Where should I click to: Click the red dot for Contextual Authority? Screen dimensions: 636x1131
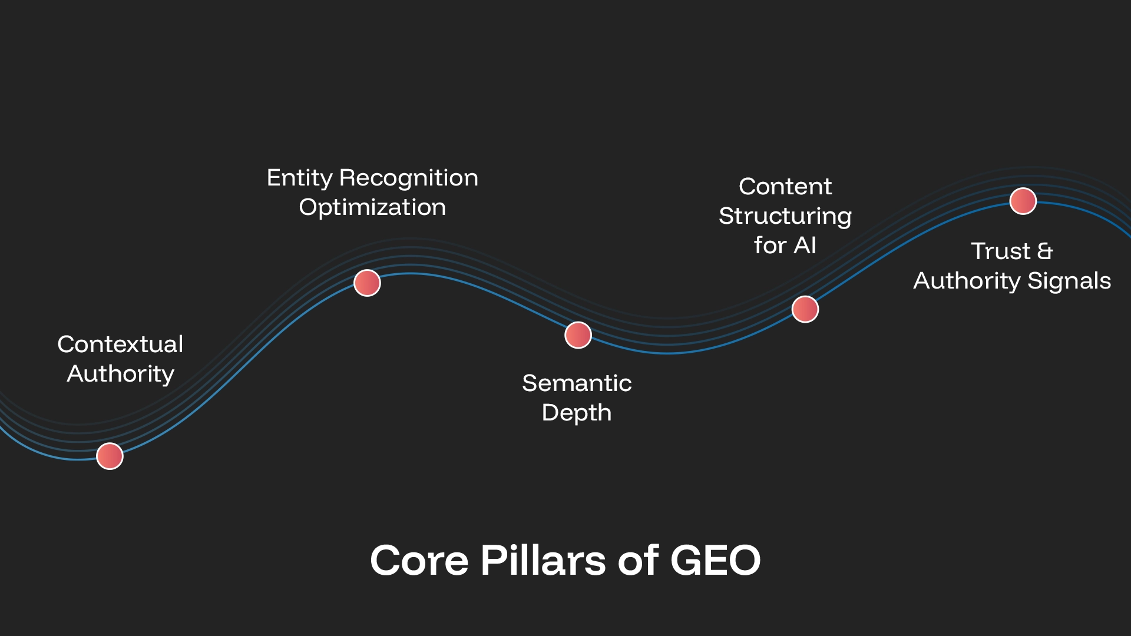coord(110,456)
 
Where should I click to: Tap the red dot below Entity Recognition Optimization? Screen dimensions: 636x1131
coord(367,283)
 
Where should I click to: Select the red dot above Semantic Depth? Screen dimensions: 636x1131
coord(578,335)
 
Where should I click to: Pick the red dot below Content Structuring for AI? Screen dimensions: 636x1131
coord(805,309)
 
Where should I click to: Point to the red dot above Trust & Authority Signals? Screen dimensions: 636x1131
coord(1023,201)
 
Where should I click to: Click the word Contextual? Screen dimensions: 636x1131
coord(120,344)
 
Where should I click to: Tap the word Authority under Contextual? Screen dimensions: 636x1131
coord(120,374)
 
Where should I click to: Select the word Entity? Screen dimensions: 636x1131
coord(299,178)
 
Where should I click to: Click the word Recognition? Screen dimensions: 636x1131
coord(409,178)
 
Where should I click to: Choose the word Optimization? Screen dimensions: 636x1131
coord(372,207)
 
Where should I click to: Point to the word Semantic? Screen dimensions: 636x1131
coord(577,383)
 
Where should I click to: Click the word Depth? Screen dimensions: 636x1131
coord(577,413)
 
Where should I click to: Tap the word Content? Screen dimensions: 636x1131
coord(785,187)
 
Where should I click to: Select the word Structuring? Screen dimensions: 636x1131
coord(785,216)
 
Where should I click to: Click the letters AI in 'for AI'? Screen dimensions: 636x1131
coord(805,246)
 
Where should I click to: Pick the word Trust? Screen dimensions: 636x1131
coord(1000,251)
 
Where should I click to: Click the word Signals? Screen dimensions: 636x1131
coord(1069,281)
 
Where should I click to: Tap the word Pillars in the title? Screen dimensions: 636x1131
coord(543,560)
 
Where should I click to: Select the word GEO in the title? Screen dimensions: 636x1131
coord(716,560)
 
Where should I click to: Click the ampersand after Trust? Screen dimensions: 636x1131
coord(1045,251)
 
